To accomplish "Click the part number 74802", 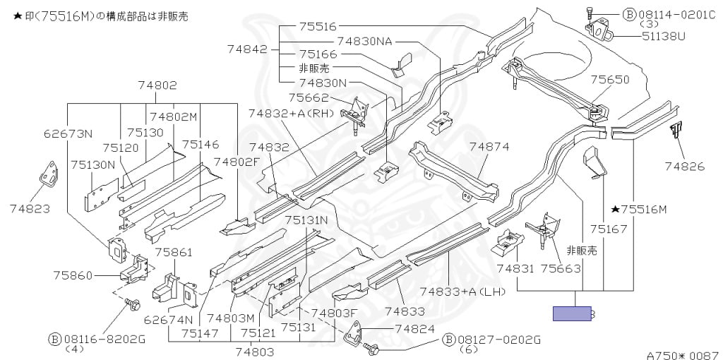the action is pos(157,85).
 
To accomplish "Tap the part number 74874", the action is pos(489,147).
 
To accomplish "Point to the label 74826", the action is pos(685,166).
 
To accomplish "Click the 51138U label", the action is pos(664,35).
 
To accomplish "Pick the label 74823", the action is pos(30,209).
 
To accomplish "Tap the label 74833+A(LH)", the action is pos(462,292).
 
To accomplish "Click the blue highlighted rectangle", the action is pos(572,313).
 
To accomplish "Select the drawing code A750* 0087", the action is pos(684,355).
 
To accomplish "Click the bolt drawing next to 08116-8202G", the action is pos(132,304).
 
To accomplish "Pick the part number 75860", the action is pos(73,275).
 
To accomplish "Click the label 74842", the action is pos(247,49).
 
